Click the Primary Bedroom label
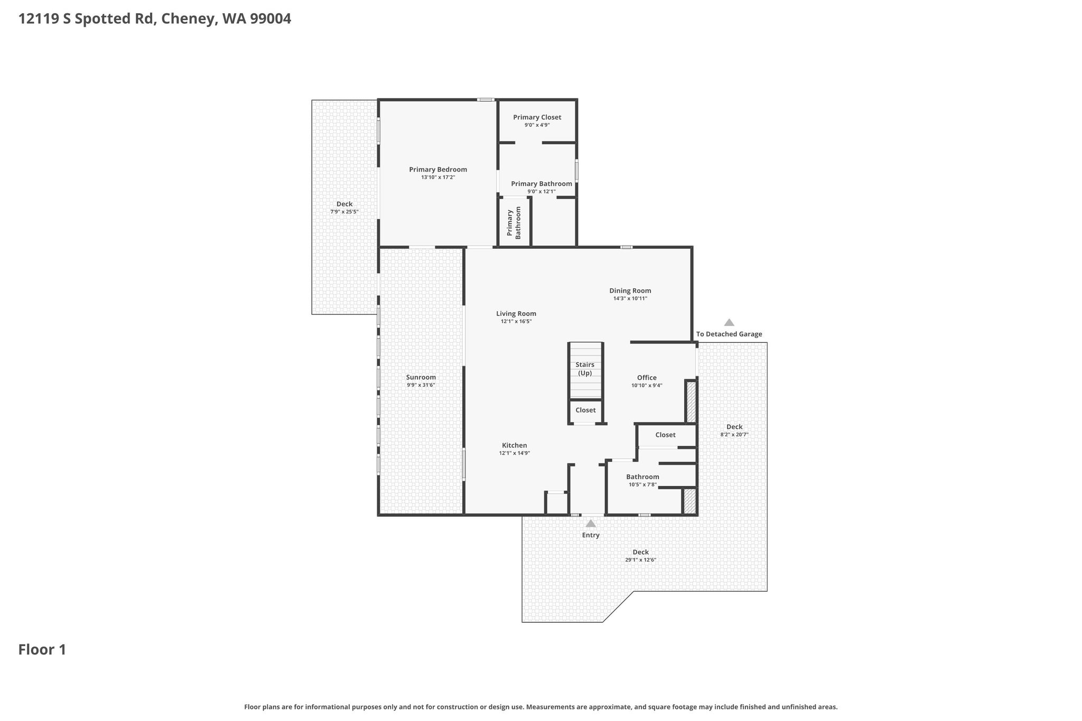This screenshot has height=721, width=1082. [x=438, y=170]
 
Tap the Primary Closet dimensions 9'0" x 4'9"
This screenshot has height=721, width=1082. [x=537, y=125]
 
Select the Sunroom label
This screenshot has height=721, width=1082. [x=421, y=377]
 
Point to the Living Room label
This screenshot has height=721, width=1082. [x=516, y=314]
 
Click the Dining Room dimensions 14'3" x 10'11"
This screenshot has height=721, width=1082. [x=630, y=298]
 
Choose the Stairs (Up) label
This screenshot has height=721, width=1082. [x=585, y=369]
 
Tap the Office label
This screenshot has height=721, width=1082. [x=647, y=378]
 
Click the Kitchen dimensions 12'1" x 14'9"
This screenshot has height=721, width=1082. [x=515, y=453]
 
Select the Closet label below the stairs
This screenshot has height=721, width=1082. [x=585, y=410]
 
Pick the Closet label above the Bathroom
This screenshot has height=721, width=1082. [x=665, y=435]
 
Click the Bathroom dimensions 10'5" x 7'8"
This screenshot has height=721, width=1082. [x=643, y=485]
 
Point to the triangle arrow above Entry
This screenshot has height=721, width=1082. [x=591, y=523]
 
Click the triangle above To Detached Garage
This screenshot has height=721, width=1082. [x=729, y=322]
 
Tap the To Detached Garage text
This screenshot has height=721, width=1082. [x=729, y=334]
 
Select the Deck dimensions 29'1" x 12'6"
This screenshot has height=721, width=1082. [x=641, y=560]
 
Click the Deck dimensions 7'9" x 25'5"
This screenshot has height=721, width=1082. [x=344, y=212]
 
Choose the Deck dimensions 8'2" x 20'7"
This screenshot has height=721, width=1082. [x=734, y=435]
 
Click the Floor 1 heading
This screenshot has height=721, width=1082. [x=42, y=650]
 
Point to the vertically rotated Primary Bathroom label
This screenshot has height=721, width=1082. [x=514, y=223]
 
